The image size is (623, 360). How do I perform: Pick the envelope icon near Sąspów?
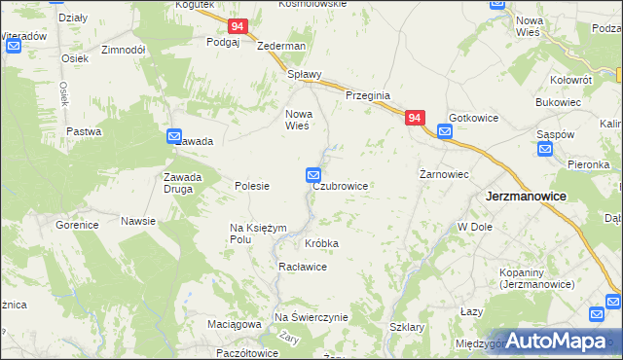(545, 150)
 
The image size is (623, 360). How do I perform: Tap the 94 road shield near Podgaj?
(238, 27)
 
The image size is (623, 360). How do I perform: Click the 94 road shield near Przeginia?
(415, 118)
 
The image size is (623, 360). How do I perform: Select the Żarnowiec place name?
(445, 175)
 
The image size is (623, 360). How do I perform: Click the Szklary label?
(407, 328)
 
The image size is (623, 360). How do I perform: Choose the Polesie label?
(252, 186)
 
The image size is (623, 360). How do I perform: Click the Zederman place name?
(281, 46)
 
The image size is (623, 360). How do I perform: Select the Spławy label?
(303, 74)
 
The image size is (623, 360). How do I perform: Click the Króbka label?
(322, 242)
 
